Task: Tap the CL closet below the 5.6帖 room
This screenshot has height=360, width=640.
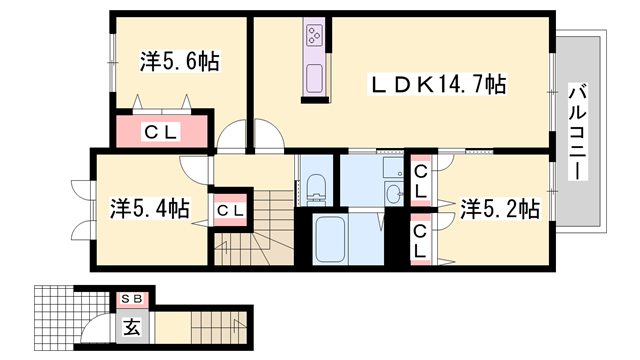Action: click(160, 131)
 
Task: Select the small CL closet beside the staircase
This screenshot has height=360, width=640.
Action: click(228, 210)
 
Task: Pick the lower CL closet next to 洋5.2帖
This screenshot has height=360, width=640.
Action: click(421, 240)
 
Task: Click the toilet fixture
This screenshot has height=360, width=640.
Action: click(317, 186)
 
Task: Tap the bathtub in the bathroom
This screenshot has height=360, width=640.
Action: click(341, 240)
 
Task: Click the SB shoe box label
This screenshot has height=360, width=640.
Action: click(131, 299)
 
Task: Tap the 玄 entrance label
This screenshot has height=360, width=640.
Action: click(131, 324)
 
